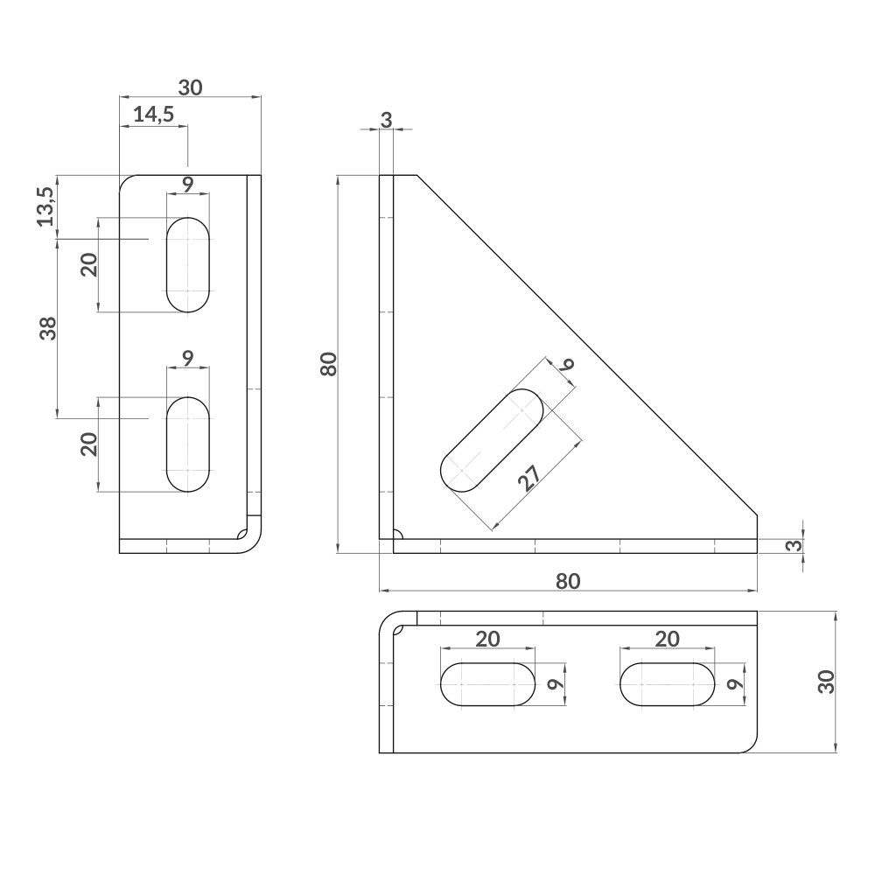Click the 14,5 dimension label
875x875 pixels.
tap(154, 114)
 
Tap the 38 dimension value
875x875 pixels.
tap(47, 328)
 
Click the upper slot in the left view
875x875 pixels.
tap(188, 264)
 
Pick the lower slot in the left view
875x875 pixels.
tap(188, 444)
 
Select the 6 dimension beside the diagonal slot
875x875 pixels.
tap(568, 366)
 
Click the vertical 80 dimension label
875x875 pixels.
tap(328, 363)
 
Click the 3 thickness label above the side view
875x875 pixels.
tap(386, 121)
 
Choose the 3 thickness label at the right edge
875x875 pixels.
tap(793, 545)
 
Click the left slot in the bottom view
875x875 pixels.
tap(487, 683)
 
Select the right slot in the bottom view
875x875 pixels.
tap(667, 683)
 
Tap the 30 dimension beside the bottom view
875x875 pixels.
tap(824, 682)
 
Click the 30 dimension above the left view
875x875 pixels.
tap(190, 87)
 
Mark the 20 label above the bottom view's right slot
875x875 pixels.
tap(667, 639)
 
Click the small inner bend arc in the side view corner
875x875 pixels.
tap(398, 535)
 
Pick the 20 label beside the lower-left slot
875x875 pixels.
tap(88, 444)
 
